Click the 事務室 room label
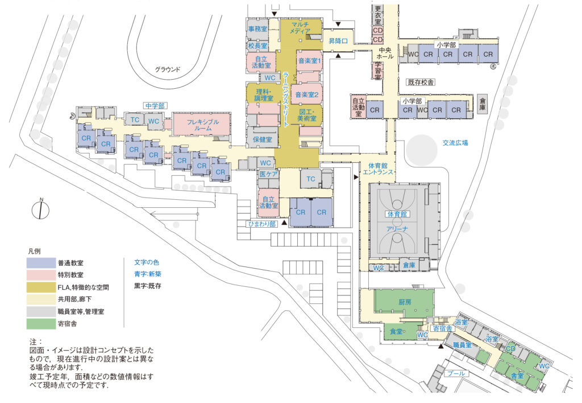coord(257,28)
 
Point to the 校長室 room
coord(257,45)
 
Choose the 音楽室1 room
coord(309,60)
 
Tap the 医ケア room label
coord(268,175)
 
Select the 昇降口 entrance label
coord(338,41)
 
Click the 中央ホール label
coord(381,54)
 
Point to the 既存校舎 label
coord(421,83)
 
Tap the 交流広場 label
coord(455,143)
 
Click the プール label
coord(458,373)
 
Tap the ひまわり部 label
coord(261,224)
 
